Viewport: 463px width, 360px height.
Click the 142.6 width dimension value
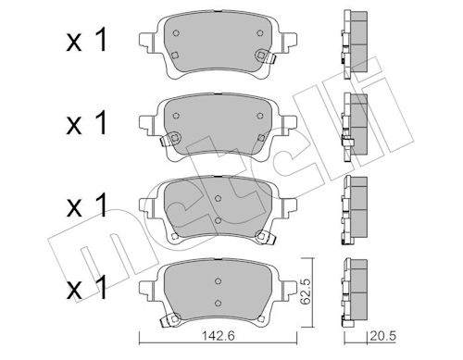218,336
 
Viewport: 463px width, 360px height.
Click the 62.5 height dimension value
306,292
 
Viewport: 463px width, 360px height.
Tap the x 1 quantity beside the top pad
87,41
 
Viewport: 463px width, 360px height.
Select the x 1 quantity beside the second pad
87,123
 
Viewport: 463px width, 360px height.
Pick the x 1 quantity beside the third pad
87,205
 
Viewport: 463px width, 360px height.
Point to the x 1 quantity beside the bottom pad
87,288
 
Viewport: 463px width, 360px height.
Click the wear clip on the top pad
265,56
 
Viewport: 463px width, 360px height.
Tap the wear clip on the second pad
170,139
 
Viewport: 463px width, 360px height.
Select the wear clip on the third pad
265,238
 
